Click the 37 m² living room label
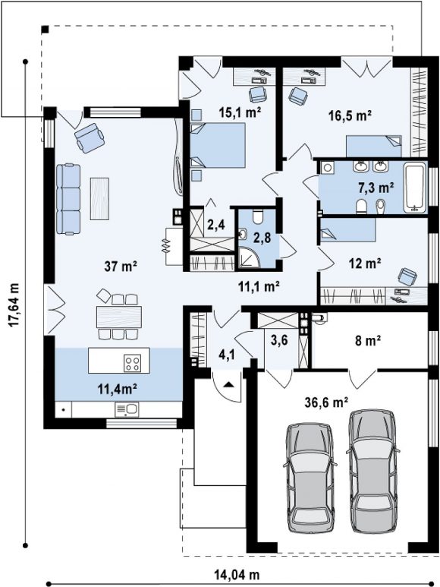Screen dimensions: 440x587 [121, 267]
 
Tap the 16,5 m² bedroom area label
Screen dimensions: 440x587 [350, 115]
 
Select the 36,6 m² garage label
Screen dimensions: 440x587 [327, 402]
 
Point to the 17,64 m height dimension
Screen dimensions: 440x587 [14, 305]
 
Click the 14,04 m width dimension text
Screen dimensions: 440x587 [237, 574]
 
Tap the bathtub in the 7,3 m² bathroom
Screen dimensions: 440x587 [414, 188]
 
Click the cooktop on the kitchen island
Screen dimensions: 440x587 [132, 362]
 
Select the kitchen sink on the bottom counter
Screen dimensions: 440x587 [127, 409]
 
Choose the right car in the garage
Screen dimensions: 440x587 [372, 470]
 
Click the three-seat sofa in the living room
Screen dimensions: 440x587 [68, 199]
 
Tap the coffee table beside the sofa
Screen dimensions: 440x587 [99, 198]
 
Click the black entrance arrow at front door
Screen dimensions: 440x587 [229, 384]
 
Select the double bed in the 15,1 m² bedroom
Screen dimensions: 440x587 [218, 145]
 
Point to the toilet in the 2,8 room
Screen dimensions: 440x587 [258, 216]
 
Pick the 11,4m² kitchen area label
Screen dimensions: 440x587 [117, 389]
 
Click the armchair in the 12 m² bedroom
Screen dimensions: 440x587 [407, 276]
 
